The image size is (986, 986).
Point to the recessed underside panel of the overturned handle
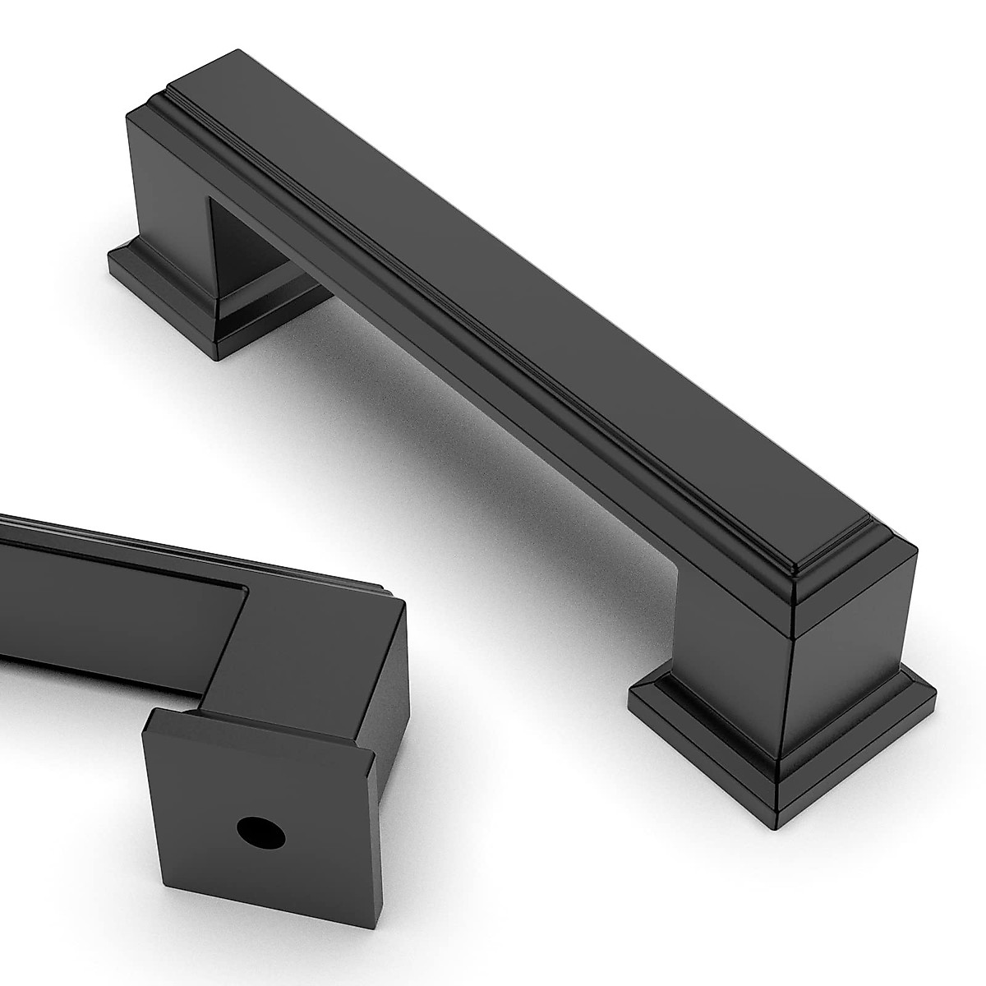[99, 608]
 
